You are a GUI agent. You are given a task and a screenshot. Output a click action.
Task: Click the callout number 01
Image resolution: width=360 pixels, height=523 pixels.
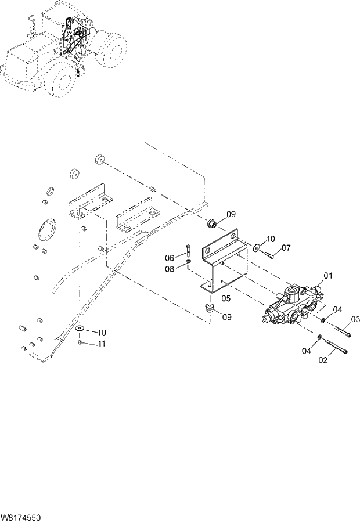328,276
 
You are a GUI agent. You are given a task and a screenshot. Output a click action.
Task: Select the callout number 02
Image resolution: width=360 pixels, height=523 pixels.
323,360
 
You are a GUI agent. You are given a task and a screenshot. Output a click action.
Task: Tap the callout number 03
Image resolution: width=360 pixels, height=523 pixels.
355,319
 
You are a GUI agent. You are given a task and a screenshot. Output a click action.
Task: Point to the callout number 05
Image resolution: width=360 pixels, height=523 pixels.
226,298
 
